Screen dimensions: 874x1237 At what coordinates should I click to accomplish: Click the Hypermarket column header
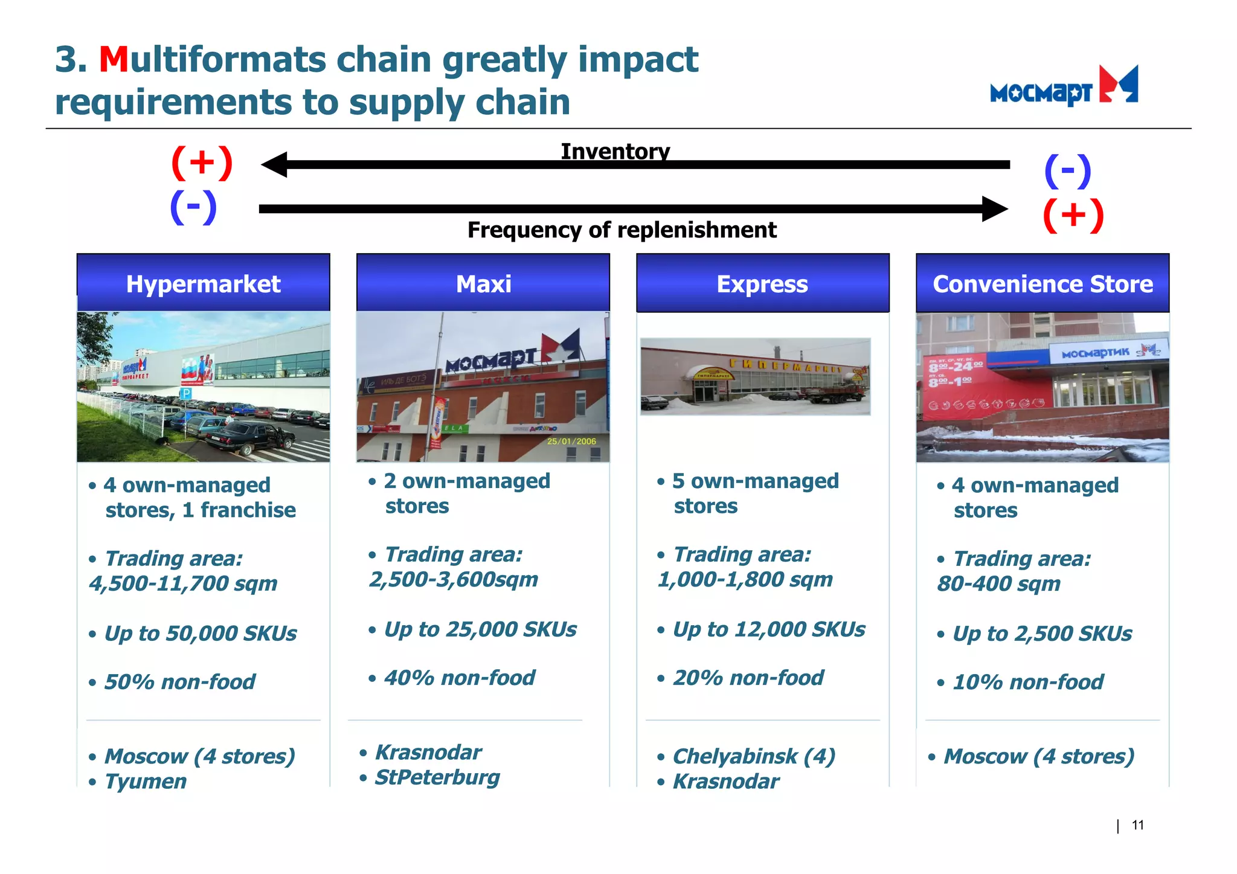point(203,284)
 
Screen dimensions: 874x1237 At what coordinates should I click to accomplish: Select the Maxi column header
point(483,284)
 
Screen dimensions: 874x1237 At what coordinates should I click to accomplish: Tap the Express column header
point(762,284)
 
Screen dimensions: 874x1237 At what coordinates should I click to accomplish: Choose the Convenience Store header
point(1043,284)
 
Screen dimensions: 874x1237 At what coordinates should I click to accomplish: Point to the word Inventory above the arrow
point(615,151)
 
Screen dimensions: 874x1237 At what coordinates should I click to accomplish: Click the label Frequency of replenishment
point(622,230)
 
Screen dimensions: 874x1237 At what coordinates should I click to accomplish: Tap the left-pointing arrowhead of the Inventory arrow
point(275,164)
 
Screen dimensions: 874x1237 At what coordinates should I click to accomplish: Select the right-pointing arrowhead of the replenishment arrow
point(994,209)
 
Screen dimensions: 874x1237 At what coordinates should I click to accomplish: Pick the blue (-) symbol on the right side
point(1067,171)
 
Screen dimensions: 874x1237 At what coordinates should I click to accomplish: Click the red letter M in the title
point(114,60)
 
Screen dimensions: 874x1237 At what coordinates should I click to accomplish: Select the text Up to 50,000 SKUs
point(201,634)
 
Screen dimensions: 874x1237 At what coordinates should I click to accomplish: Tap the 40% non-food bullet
point(459,678)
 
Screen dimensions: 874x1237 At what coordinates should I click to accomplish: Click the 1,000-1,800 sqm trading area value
point(745,580)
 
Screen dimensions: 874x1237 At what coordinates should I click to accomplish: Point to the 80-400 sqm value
point(998,584)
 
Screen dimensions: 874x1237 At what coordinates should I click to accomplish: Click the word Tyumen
point(146,782)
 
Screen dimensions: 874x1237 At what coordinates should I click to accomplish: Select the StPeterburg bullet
point(437,777)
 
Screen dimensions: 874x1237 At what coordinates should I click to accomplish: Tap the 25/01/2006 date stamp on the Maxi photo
point(571,441)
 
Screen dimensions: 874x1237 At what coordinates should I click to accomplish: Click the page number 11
point(1137,825)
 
